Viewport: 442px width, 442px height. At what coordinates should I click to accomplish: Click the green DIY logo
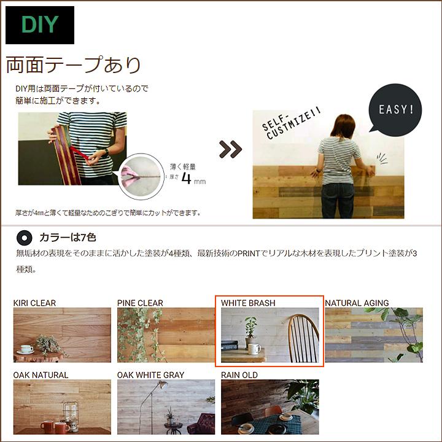click(x=40, y=25)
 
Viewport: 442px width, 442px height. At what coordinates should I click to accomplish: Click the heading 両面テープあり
click(x=74, y=64)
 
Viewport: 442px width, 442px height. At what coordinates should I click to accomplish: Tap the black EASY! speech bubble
click(x=395, y=110)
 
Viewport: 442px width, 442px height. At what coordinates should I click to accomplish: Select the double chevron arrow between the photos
click(x=231, y=149)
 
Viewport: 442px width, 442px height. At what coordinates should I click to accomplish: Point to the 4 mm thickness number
click(x=186, y=180)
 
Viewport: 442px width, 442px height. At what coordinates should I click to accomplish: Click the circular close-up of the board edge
click(x=142, y=177)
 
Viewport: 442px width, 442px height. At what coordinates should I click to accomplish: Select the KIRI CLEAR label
click(x=35, y=303)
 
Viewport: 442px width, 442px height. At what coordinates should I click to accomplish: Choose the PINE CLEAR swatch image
click(x=166, y=335)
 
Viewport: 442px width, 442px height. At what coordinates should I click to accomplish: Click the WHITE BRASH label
click(x=248, y=303)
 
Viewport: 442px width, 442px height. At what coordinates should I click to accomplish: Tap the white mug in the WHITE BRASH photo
click(x=254, y=349)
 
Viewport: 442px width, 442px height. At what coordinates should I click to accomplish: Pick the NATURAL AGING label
click(x=357, y=303)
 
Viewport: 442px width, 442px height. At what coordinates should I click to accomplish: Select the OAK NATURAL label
click(x=41, y=374)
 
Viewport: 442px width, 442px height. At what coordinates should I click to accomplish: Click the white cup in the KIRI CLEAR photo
click(x=27, y=349)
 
